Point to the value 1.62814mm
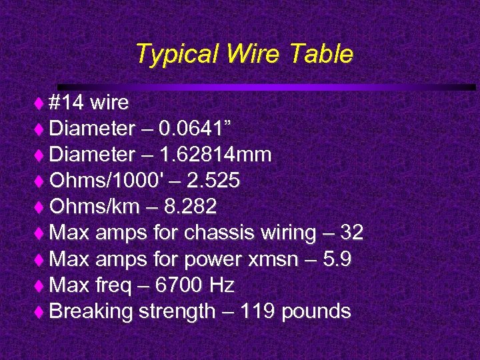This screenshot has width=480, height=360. tap(215, 155)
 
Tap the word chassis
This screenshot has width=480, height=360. tap(217, 233)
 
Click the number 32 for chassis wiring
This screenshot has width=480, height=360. tap(351, 233)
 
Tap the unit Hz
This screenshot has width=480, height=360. tap(221, 285)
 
